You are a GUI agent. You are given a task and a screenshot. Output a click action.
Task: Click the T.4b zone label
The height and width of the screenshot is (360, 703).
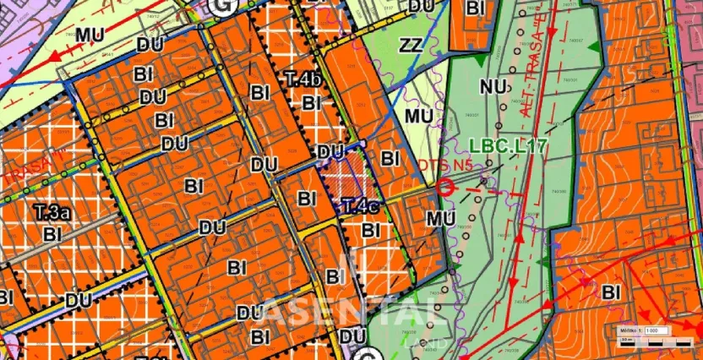click(x=303, y=79)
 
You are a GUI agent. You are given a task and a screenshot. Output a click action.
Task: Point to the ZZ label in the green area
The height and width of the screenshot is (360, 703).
click(x=411, y=46)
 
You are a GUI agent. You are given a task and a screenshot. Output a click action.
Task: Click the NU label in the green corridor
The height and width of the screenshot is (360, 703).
click(x=493, y=85)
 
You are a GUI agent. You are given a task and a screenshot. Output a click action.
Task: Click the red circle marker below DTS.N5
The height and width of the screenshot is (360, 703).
click(x=445, y=188)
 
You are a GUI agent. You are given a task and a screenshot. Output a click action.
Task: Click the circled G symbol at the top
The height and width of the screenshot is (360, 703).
click(x=222, y=6)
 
